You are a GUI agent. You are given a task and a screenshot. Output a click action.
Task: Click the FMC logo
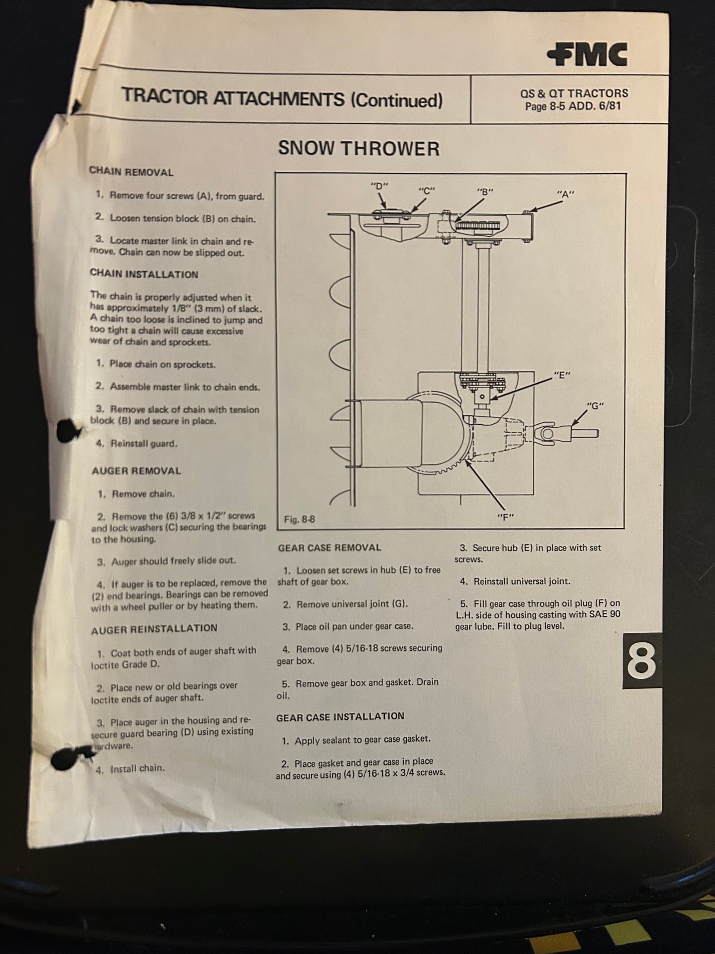click(588, 54)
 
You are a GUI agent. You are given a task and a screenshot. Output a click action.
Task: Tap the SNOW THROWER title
click(358, 149)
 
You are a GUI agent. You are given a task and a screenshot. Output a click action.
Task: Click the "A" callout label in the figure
click(565, 194)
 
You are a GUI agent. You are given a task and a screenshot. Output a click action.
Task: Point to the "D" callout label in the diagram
click(380, 186)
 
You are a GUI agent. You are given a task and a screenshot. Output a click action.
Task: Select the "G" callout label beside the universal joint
click(595, 406)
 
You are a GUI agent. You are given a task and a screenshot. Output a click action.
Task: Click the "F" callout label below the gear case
click(506, 517)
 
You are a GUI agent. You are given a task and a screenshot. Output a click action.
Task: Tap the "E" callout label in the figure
click(562, 375)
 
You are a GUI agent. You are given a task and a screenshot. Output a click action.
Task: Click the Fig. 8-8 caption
click(299, 519)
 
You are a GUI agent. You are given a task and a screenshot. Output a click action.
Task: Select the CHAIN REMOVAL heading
click(131, 172)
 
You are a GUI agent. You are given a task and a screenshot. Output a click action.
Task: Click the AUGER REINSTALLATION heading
click(154, 629)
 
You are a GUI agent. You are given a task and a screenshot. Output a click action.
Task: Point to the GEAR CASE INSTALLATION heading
click(340, 716)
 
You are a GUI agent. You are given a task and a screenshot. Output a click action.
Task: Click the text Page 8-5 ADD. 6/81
click(573, 106)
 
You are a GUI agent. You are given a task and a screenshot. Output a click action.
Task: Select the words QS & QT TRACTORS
click(574, 93)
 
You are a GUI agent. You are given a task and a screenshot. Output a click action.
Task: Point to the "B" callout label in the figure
click(485, 192)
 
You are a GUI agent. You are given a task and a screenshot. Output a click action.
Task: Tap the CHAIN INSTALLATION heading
click(144, 274)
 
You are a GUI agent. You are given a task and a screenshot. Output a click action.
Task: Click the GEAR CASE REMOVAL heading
click(329, 548)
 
